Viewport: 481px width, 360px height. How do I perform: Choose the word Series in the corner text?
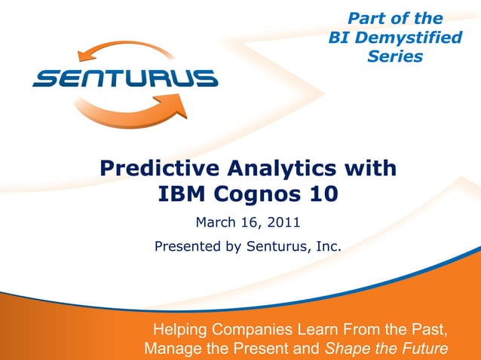point(394,56)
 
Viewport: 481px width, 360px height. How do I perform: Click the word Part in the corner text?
point(364,18)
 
